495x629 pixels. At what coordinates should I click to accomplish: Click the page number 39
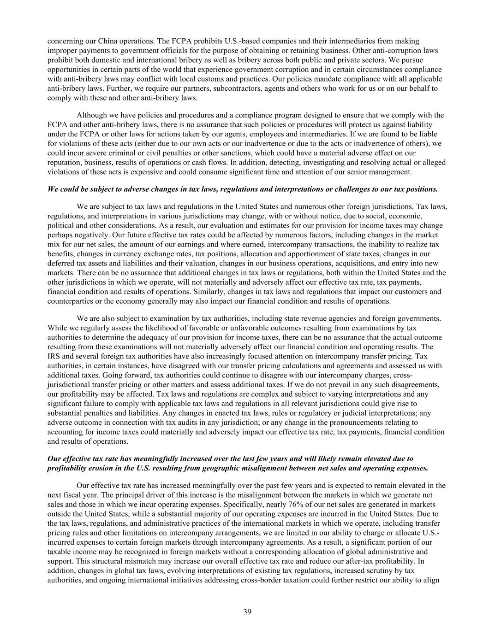click(247, 611)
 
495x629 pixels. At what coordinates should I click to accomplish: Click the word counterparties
click(68, 301)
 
